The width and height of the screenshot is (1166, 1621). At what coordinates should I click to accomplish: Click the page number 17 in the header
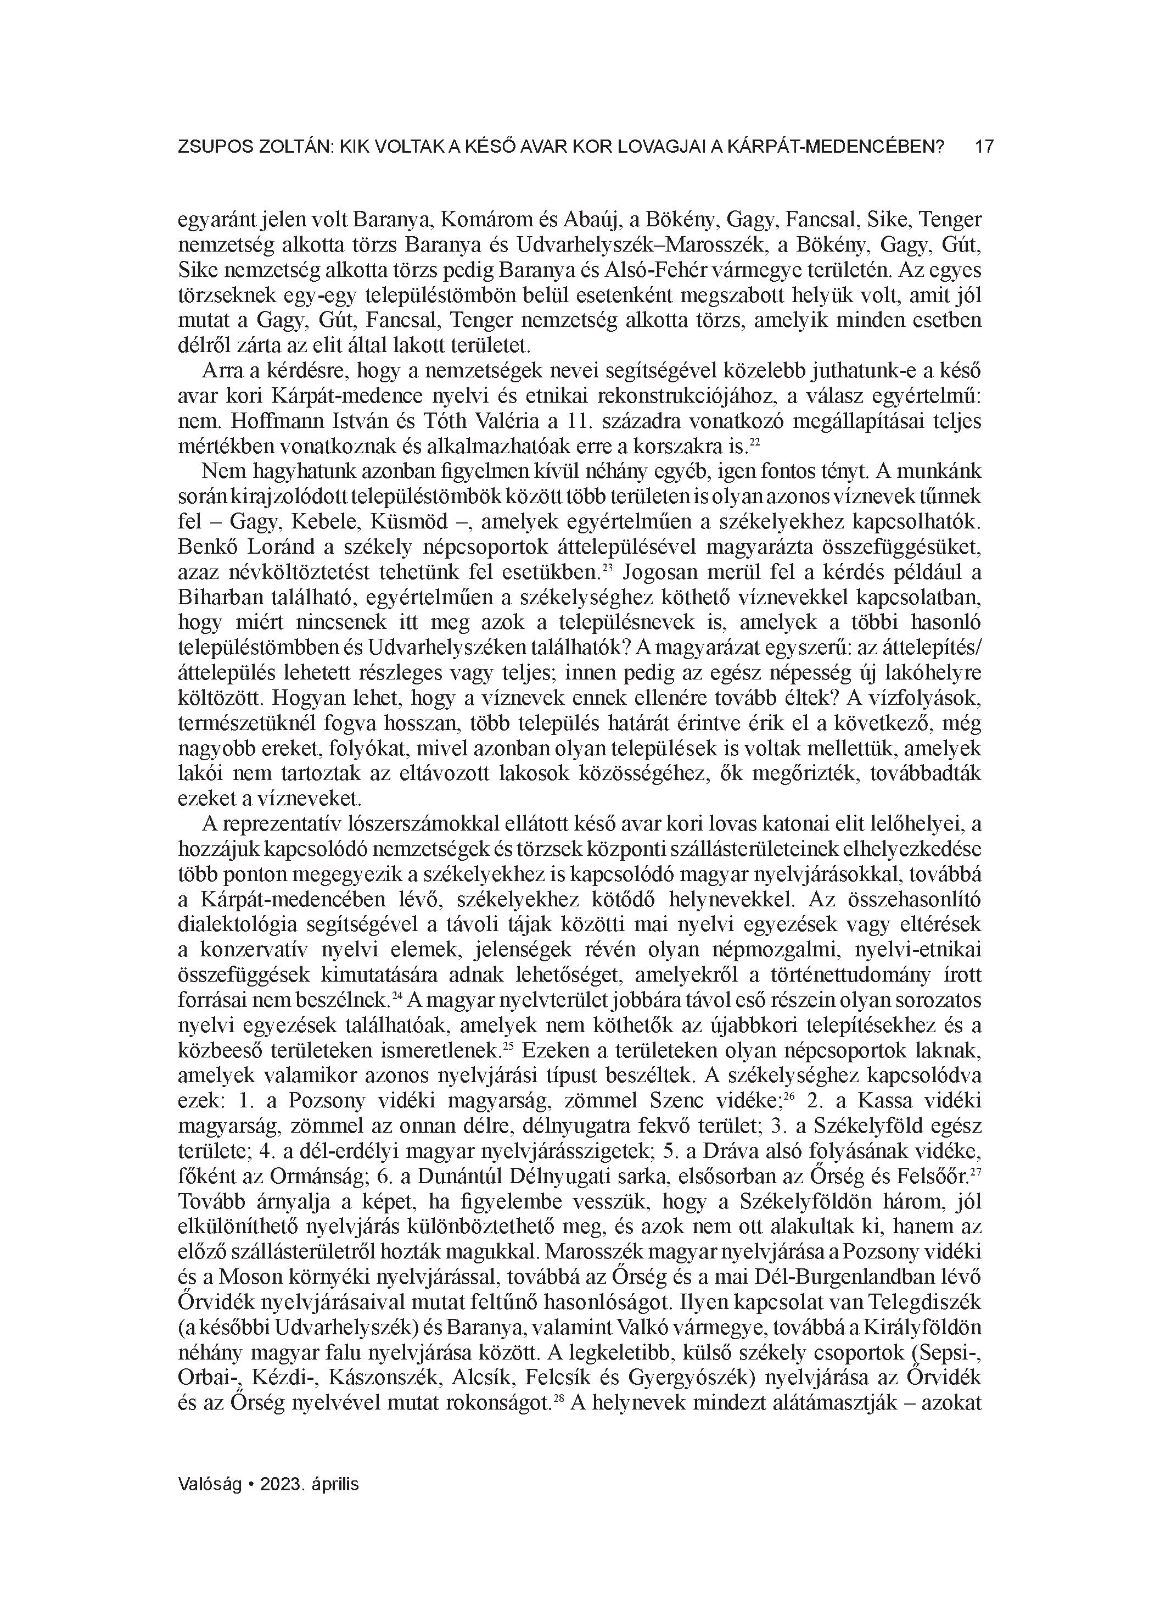coord(984,147)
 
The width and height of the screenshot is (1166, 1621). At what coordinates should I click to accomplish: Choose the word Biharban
coord(216,598)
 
